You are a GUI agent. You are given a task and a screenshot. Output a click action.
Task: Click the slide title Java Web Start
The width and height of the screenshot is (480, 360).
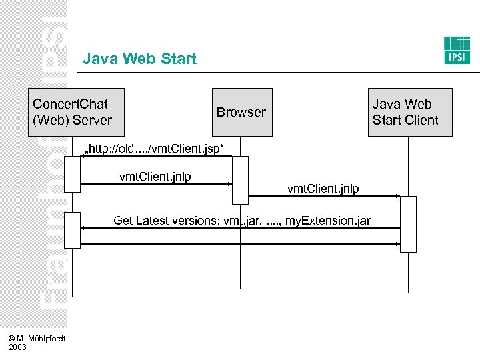pos(139,59)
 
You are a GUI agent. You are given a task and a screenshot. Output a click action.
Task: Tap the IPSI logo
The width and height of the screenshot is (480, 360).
pos(457,50)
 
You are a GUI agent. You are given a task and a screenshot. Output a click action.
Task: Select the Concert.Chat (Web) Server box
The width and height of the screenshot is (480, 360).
pos(72,112)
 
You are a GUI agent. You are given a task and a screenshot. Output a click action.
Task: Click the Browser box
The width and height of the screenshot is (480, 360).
pos(241,112)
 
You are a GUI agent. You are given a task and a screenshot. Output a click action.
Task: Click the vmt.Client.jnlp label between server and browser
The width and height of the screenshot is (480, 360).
pos(155,177)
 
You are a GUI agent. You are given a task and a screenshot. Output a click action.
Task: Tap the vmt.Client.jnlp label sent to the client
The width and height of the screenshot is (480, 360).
pos(323,189)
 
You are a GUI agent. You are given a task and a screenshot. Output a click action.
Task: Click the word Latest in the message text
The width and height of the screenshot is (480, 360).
pos(157,220)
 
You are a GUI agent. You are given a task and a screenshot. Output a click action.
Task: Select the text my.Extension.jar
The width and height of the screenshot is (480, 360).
pos(328,220)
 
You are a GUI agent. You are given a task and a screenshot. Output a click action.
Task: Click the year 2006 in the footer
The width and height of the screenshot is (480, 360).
pos(18,347)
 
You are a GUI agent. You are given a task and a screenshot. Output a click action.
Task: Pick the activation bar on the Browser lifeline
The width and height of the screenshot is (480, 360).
pos(240,180)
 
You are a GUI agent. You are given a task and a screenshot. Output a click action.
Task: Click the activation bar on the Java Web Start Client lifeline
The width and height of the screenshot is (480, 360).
pos(408,224)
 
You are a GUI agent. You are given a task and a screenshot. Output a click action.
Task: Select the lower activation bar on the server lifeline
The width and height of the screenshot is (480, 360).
pos(72,230)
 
